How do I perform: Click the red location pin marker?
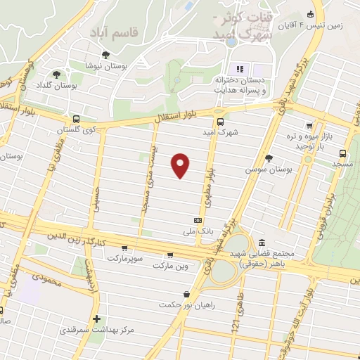[x=181, y=165]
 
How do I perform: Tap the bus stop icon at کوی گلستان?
[x=76, y=119]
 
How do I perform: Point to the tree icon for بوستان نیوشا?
[x=105, y=54]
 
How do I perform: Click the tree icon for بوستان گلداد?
[x=57, y=74]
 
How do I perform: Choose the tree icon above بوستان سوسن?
[x=269, y=158]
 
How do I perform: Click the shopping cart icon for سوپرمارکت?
[x=124, y=247]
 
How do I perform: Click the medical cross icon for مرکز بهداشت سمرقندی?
[x=96, y=319]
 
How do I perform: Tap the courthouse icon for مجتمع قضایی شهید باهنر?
[x=262, y=243]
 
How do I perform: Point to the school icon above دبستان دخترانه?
[x=240, y=68]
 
